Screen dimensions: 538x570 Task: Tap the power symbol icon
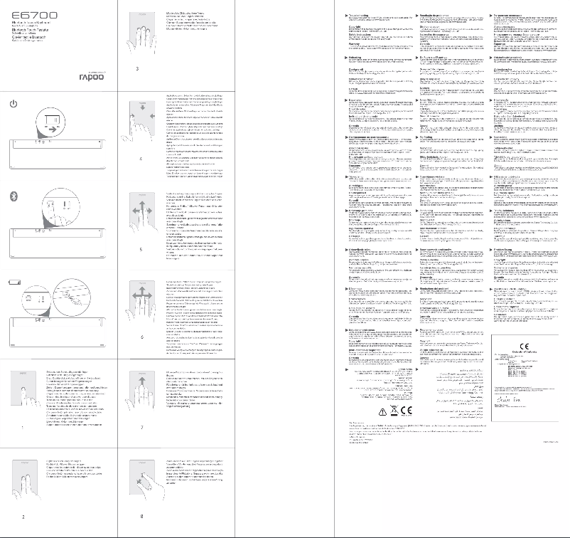(13, 104)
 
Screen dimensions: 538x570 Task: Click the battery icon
(13, 283)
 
